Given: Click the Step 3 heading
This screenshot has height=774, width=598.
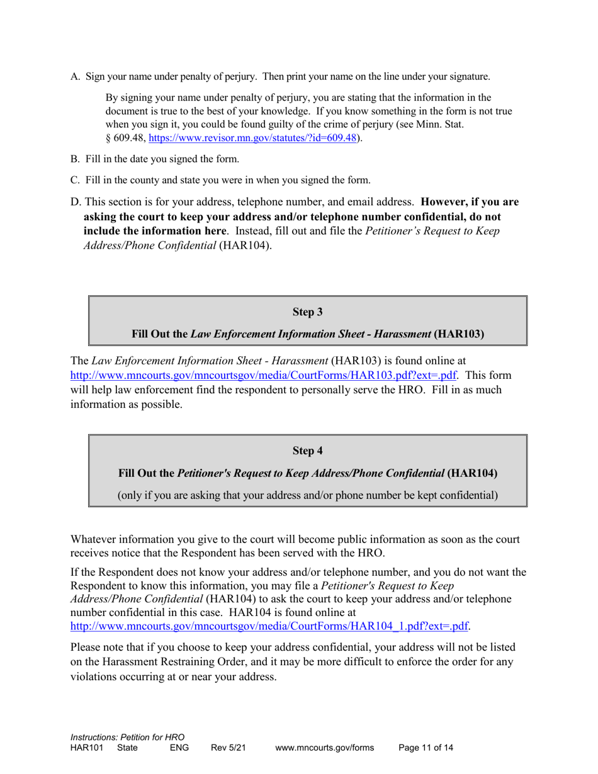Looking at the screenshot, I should pyautogui.click(x=307, y=312).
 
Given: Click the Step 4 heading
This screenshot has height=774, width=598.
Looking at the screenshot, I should pyautogui.click(x=307, y=451).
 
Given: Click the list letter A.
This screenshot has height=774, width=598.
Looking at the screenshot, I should pyautogui.click(x=75, y=77).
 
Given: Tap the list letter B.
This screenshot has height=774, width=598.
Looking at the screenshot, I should pyautogui.click(x=75, y=159).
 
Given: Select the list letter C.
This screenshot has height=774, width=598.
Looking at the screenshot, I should pyautogui.click(x=75, y=181).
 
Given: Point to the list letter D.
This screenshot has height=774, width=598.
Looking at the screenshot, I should pyautogui.click(x=76, y=203).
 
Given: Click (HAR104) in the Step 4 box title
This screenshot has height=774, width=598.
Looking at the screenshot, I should pyautogui.click(x=471, y=473).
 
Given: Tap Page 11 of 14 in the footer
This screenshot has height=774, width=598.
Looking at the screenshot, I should pyautogui.click(x=426, y=748).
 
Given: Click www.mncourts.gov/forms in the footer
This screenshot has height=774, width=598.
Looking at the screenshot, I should pyautogui.click(x=324, y=748).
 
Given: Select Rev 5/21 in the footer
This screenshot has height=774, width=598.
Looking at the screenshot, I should pyautogui.click(x=228, y=748).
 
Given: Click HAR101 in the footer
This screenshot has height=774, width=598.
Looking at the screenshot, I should pyautogui.click(x=87, y=748).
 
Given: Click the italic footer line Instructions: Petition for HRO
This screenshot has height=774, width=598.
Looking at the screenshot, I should pyautogui.click(x=127, y=737).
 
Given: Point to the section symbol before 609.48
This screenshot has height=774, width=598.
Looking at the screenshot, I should pyautogui.click(x=108, y=138).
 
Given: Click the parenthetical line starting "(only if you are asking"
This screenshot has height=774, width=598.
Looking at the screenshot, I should pyautogui.click(x=307, y=495).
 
